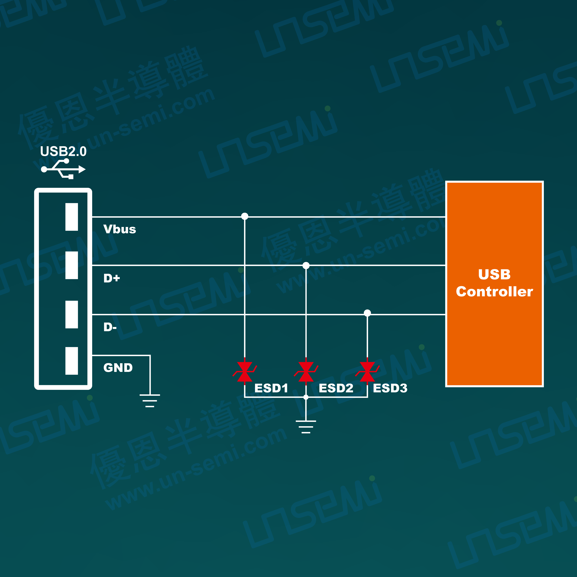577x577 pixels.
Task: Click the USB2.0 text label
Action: coord(63,152)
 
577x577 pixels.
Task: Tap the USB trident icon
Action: coord(63,169)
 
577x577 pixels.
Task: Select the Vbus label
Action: coord(120,229)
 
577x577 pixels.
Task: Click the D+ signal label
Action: coord(111,278)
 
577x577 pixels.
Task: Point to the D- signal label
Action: coord(110,327)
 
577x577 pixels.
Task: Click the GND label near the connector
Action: coord(118,368)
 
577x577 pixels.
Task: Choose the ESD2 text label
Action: coord(336,388)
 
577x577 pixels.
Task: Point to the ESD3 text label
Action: coord(390,388)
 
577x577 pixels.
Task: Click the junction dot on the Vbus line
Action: coord(245,216)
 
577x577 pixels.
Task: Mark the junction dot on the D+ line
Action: coord(306,265)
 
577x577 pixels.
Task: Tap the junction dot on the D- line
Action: coord(367,313)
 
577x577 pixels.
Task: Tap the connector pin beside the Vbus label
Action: coord(72,217)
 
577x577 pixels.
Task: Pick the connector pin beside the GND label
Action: coord(72,361)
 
